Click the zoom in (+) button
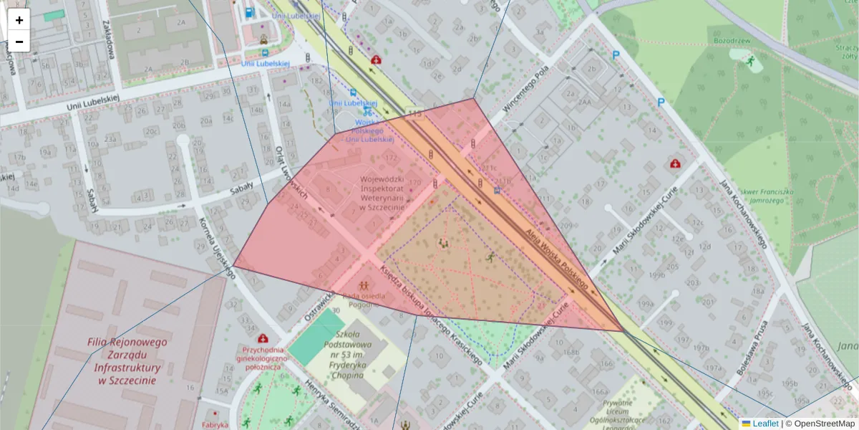click(19, 20)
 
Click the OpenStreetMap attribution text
click(823, 424)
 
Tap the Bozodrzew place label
click(731, 41)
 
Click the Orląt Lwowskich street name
click(291, 173)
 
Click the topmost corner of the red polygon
click(473, 99)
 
